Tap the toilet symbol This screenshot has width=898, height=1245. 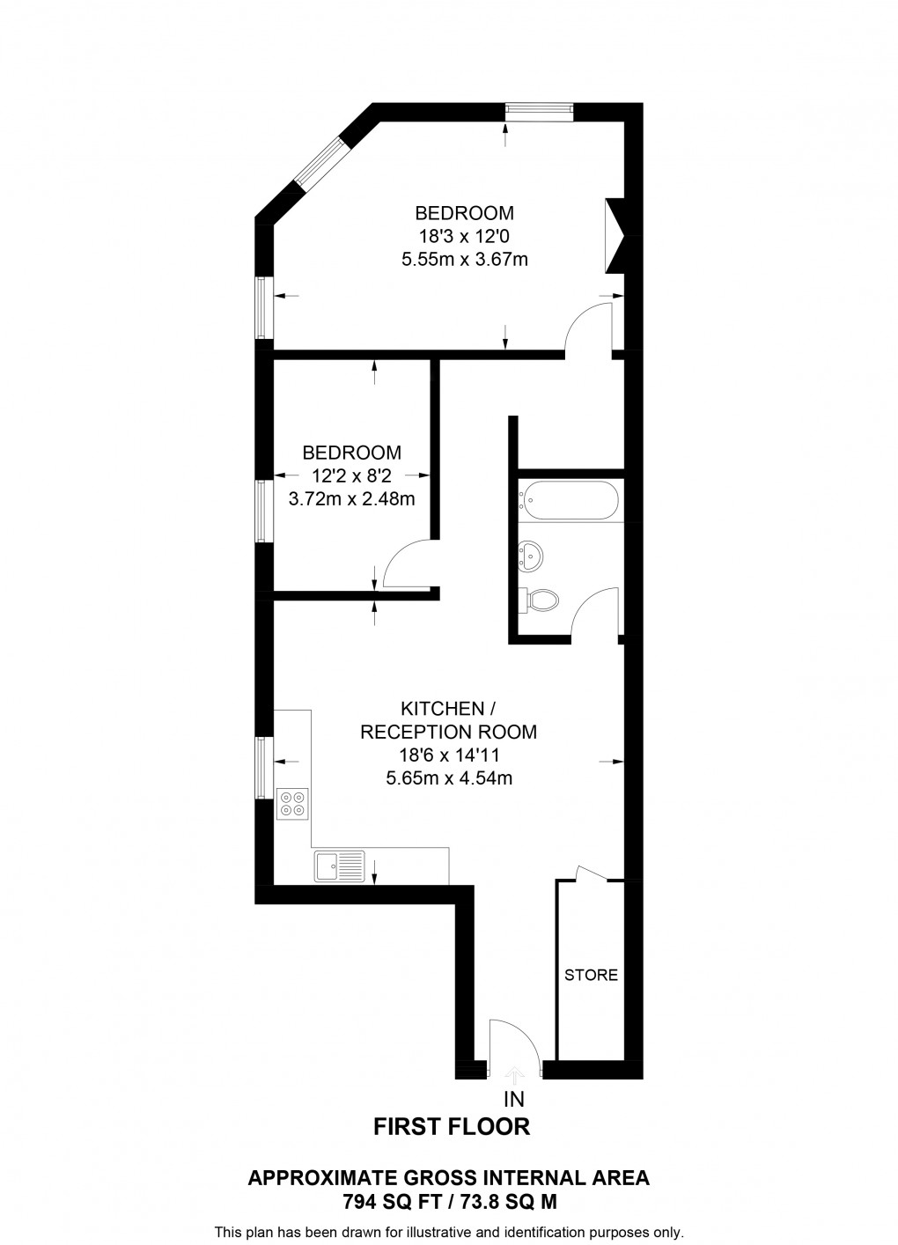point(538,600)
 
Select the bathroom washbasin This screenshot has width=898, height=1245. point(530,555)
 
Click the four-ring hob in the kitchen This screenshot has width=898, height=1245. point(293,803)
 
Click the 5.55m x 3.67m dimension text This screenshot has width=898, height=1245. point(465,260)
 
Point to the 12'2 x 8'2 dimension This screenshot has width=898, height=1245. point(352,475)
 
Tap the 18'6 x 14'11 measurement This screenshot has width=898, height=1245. point(449,755)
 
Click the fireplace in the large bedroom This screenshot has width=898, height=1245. point(615,236)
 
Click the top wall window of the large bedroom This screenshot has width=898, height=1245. point(538,111)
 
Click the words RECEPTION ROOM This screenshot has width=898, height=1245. point(449,732)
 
